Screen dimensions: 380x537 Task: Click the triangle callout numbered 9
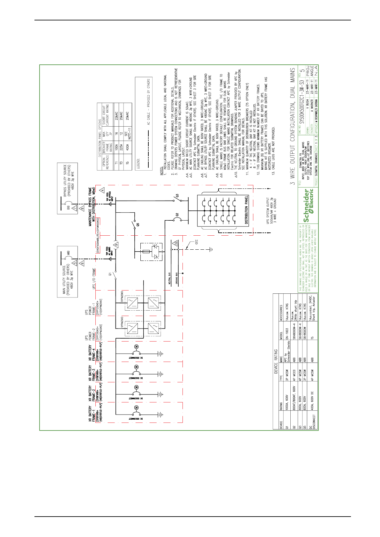point(116,245)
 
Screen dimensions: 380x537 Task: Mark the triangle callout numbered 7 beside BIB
point(74,208)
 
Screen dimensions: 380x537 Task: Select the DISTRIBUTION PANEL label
point(247,210)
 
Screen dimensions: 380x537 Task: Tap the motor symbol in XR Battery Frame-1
point(136,408)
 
